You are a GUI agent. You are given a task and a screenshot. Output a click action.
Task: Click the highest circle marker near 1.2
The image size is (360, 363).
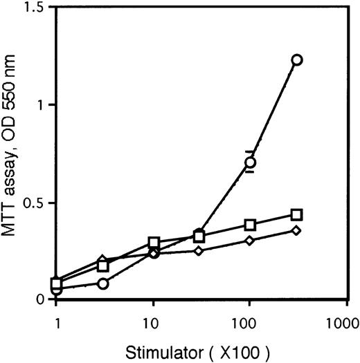(297, 59)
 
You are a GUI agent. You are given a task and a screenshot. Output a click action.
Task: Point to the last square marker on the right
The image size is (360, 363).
(297, 214)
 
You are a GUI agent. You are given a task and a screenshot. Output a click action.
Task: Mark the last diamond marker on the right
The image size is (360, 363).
(297, 230)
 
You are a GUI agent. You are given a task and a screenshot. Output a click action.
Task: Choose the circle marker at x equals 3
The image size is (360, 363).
(103, 283)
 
